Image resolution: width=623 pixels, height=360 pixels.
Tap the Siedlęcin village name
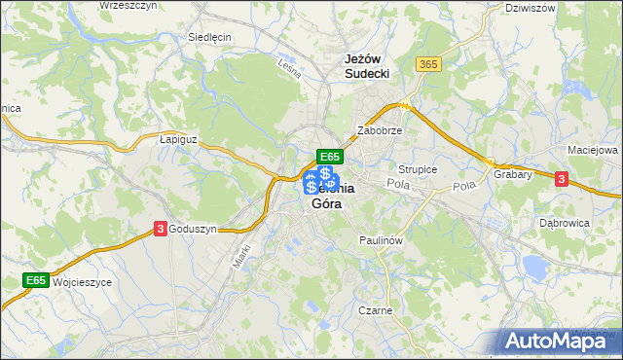208,37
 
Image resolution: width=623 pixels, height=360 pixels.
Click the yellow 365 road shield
428,63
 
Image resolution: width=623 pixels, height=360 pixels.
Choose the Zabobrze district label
380,129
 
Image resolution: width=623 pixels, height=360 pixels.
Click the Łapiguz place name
177,139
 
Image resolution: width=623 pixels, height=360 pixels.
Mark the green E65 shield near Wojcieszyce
36,280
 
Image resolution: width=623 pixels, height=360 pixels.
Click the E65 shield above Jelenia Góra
329,156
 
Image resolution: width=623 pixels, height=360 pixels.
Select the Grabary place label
511,175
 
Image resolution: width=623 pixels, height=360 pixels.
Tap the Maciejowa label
593,151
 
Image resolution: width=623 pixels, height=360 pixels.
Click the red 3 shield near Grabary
561,179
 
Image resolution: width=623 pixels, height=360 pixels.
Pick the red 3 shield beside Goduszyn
160,229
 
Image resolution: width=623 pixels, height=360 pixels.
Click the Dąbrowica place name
562,223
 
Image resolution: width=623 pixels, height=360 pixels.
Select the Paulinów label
381,239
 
